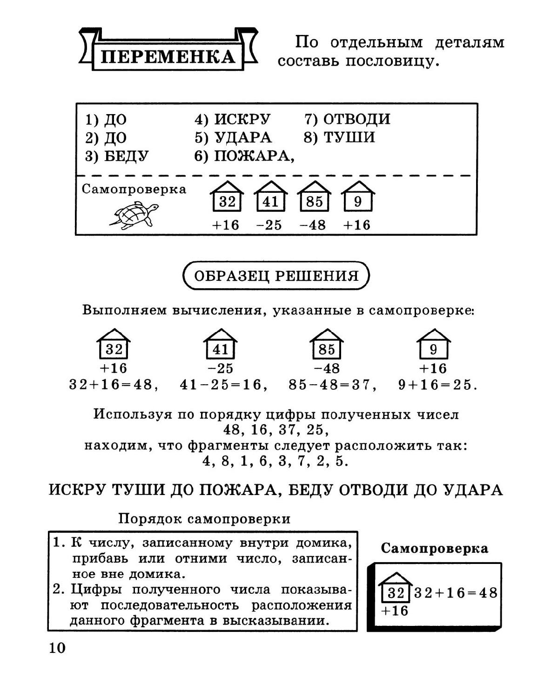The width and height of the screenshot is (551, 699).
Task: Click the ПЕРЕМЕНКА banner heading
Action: [168, 56]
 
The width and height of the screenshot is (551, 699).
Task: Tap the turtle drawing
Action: [134, 215]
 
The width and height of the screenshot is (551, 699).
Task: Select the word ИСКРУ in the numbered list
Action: [242, 119]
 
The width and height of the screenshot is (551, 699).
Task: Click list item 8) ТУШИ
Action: [339, 137]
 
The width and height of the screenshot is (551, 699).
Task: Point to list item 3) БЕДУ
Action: [117, 156]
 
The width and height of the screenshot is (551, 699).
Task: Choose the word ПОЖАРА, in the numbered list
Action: [254, 156]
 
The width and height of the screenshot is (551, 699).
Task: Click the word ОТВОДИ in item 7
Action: [356, 119]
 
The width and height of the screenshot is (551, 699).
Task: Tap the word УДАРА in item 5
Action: [242, 137]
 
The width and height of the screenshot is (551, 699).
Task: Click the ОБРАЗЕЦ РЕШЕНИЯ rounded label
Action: [276, 276]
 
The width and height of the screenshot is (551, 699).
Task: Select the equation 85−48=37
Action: [332, 385]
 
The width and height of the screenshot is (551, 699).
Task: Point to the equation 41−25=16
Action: [223, 385]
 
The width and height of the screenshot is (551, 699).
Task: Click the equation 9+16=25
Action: [437, 385]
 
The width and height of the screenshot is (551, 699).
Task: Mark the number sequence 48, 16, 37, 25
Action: [276, 429]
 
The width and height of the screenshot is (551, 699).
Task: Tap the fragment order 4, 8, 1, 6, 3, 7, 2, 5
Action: [276, 461]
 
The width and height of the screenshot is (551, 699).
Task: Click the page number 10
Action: [57, 648]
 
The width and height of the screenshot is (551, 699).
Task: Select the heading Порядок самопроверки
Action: [204, 518]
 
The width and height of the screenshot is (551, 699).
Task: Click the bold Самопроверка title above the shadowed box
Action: [434, 548]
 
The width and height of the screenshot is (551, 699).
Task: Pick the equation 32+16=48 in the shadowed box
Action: [456, 593]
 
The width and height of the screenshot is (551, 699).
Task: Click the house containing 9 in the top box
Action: [357, 196]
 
